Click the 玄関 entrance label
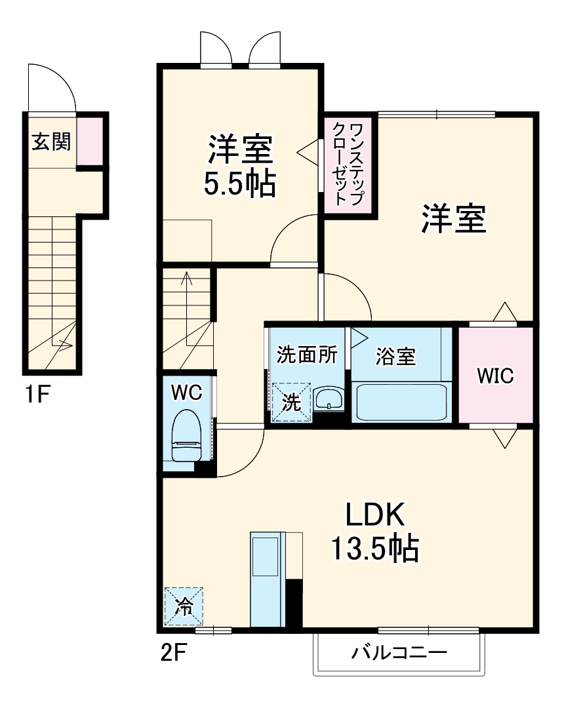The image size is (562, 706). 51,142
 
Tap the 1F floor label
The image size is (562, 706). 38,395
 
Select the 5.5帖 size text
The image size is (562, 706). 239,186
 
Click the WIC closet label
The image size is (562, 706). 495,376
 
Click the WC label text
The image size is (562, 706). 186,393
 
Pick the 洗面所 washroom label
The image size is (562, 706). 306,355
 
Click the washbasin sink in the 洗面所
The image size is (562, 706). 329,399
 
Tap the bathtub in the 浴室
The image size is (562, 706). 401,402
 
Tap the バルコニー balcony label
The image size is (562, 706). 399,653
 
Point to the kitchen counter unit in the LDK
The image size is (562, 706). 266,581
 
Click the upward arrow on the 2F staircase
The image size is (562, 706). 188,288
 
